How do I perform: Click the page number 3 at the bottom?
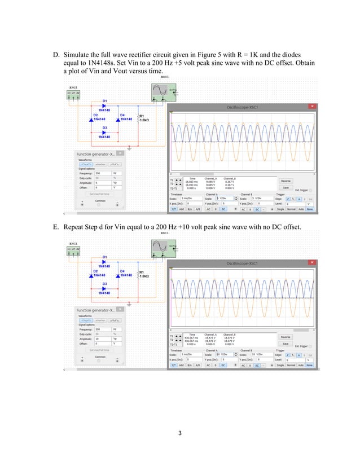point(179,433)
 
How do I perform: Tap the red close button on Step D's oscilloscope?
point(311,106)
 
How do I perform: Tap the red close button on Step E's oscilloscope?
point(311,263)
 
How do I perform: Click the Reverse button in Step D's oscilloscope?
point(286,181)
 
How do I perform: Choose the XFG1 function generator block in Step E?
point(73,249)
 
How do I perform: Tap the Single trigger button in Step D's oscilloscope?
point(280,209)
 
